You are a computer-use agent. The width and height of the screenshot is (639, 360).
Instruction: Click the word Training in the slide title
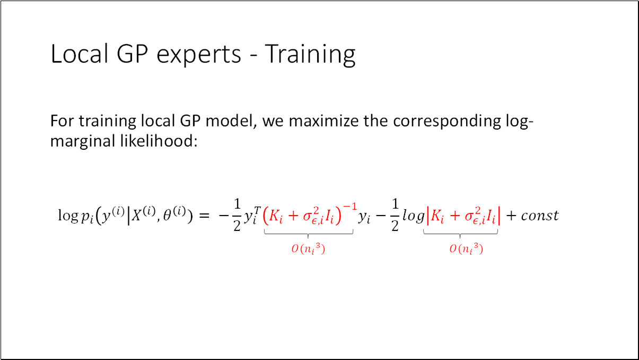(310, 54)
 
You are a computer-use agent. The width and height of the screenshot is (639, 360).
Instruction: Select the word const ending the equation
(539, 216)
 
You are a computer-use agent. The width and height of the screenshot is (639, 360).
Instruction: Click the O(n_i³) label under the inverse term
(308, 250)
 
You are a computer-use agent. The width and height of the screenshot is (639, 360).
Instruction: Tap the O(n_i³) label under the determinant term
(466, 250)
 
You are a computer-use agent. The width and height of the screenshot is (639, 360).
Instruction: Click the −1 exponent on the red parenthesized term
(347, 208)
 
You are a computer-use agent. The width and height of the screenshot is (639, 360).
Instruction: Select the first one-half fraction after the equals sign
(237, 216)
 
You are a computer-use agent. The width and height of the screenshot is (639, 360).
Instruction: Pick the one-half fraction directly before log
(395, 216)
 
